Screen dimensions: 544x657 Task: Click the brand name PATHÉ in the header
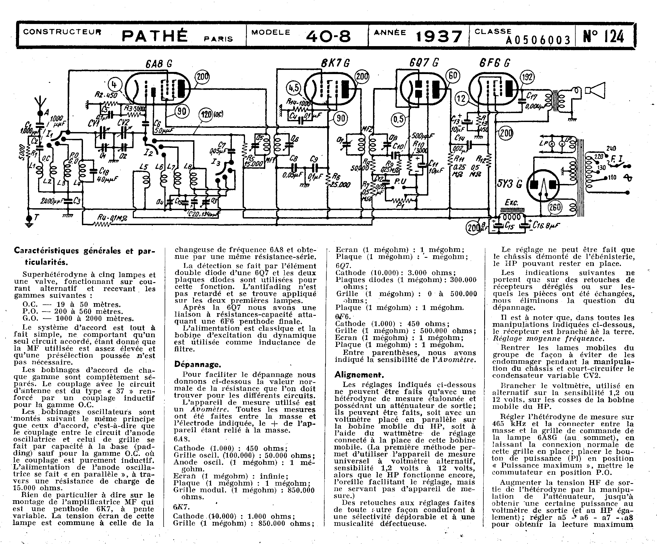tap(154, 36)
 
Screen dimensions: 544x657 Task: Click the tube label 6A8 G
tap(159, 64)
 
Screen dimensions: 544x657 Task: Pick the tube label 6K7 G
tap(335, 63)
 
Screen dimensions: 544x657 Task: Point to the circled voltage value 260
tap(555, 207)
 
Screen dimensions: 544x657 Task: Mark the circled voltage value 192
tap(527, 77)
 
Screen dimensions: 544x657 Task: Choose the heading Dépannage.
tap(197, 364)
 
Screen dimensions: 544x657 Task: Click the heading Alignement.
tap(359, 375)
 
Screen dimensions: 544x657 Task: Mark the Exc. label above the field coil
tap(511, 203)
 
